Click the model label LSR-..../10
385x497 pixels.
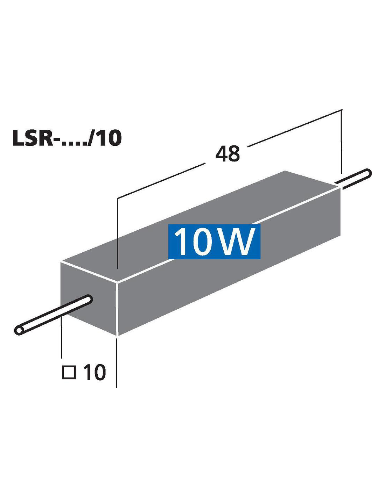click(x=67, y=138)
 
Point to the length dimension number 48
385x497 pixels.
click(x=227, y=154)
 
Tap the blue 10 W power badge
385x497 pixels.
click(x=214, y=242)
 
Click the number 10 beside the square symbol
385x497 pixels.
click(x=94, y=372)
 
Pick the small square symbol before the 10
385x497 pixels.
click(x=69, y=372)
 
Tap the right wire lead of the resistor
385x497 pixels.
click(x=353, y=179)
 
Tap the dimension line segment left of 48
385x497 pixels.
click(x=161, y=181)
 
